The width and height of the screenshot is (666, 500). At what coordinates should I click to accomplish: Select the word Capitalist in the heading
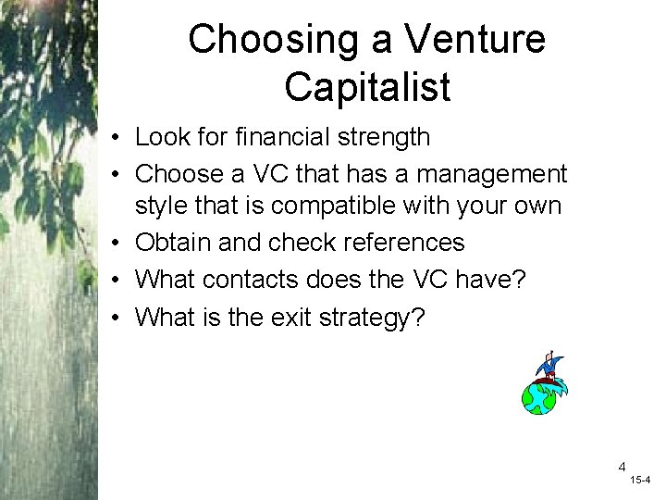(x=367, y=87)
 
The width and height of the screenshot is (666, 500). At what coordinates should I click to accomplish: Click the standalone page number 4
(x=623, y=467)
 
